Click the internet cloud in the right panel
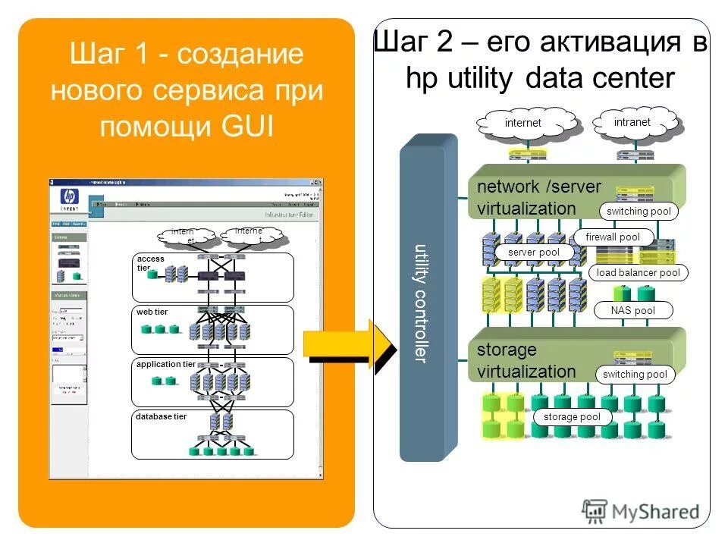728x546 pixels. [x=524, y=124]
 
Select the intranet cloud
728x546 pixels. [x=632, y=122]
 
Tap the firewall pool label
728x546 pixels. [x=612, y=237]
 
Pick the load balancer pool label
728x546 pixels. [x=638, y=273]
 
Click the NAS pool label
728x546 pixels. [x=633, y=310]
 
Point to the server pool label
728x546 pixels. [x=534, y=253]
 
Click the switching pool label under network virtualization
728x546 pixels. [x=639, y=212]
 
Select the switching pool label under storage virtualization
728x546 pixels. [x=635, y=375]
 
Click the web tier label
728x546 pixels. [x=152, y=312]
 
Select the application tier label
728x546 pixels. [x=165, y=364]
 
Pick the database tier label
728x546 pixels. [x=160, y=416]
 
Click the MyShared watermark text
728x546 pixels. [x=656, y=512]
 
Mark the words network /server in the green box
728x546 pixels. [x=538, y=187]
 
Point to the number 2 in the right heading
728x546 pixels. [x=442, y=43]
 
